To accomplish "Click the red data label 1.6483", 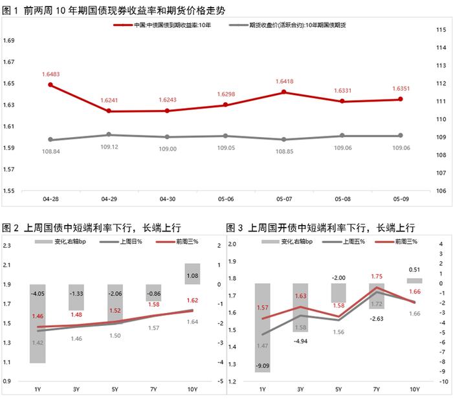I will [50, 74].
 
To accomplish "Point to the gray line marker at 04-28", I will [50, 140].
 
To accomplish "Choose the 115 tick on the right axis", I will [442, 30].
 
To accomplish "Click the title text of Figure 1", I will [107, 9].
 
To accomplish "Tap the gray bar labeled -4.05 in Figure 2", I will [38, 323].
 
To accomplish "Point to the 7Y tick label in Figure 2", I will [153, 390].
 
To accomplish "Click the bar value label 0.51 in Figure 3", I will [414, 270].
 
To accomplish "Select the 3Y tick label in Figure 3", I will [300, 390].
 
